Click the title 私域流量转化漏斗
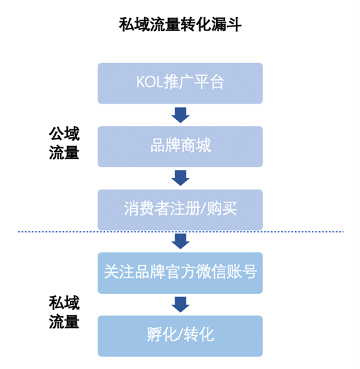pos(180,25)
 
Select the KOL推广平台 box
pos(180,83)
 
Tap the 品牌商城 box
pos(180,146)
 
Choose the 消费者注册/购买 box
pos(180,209)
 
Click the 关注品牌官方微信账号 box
pos(180,273)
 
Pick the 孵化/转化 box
pos(180,335)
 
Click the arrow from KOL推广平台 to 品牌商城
pos(180,115)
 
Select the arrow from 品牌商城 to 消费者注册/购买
pos(180,178)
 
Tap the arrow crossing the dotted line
pos(180,241)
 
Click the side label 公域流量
pos(64,143)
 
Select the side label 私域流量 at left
pos(64,312)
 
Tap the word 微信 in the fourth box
pos(210,273)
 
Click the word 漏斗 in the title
pos(226,25)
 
